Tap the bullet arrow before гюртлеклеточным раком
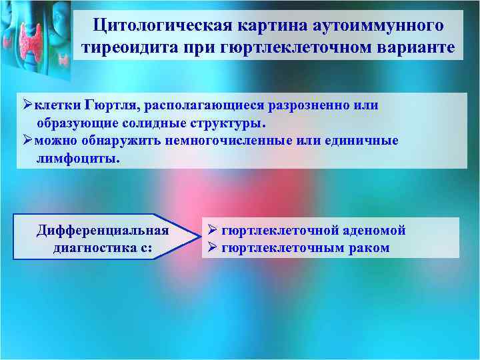(211, 248)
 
